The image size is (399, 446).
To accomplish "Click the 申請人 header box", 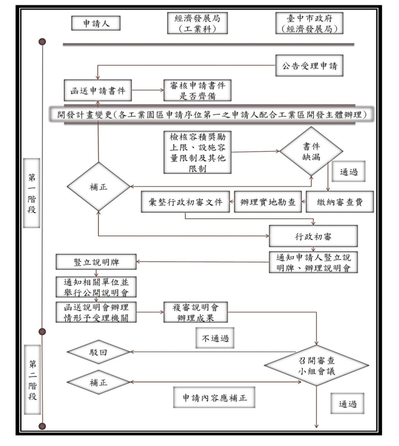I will (96, 24).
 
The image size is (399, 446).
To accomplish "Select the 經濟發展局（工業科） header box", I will (197, 23).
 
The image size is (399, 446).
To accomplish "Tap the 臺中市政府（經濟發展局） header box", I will (309, 23).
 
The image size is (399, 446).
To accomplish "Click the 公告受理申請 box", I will (309, 66).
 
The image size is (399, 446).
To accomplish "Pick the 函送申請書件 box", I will (98, 91).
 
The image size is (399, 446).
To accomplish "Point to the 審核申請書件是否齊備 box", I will (197, 91).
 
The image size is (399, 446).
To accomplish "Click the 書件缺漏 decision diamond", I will (311, 151).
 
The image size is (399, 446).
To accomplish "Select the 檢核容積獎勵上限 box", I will (197, 152).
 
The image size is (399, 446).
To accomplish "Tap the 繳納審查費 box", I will (340, 202).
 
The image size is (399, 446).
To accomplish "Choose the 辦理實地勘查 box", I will (268, 202).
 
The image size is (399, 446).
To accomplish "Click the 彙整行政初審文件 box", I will (186, 202).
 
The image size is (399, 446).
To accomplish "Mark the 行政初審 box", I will (313, 236).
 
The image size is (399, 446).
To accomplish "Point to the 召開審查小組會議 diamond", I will (316, 366).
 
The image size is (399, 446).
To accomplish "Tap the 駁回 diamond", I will (99, 352).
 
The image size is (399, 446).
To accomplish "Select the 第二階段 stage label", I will (33, 379).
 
